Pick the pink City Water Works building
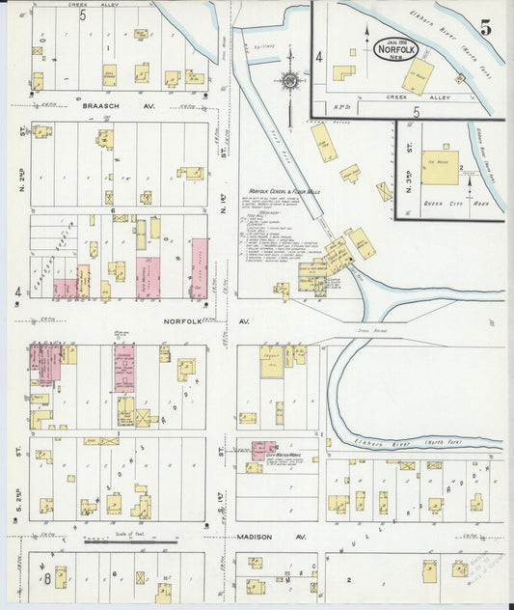click(263, 448)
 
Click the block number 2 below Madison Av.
click(350, 581)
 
